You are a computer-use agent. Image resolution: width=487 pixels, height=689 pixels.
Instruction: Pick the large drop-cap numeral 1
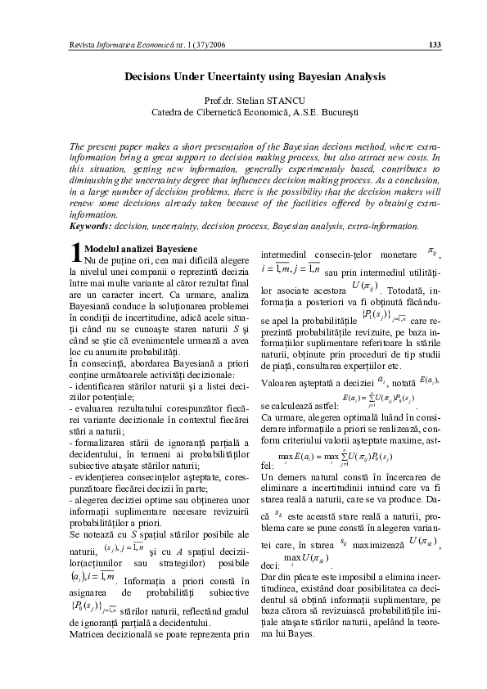click(54, 251)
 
